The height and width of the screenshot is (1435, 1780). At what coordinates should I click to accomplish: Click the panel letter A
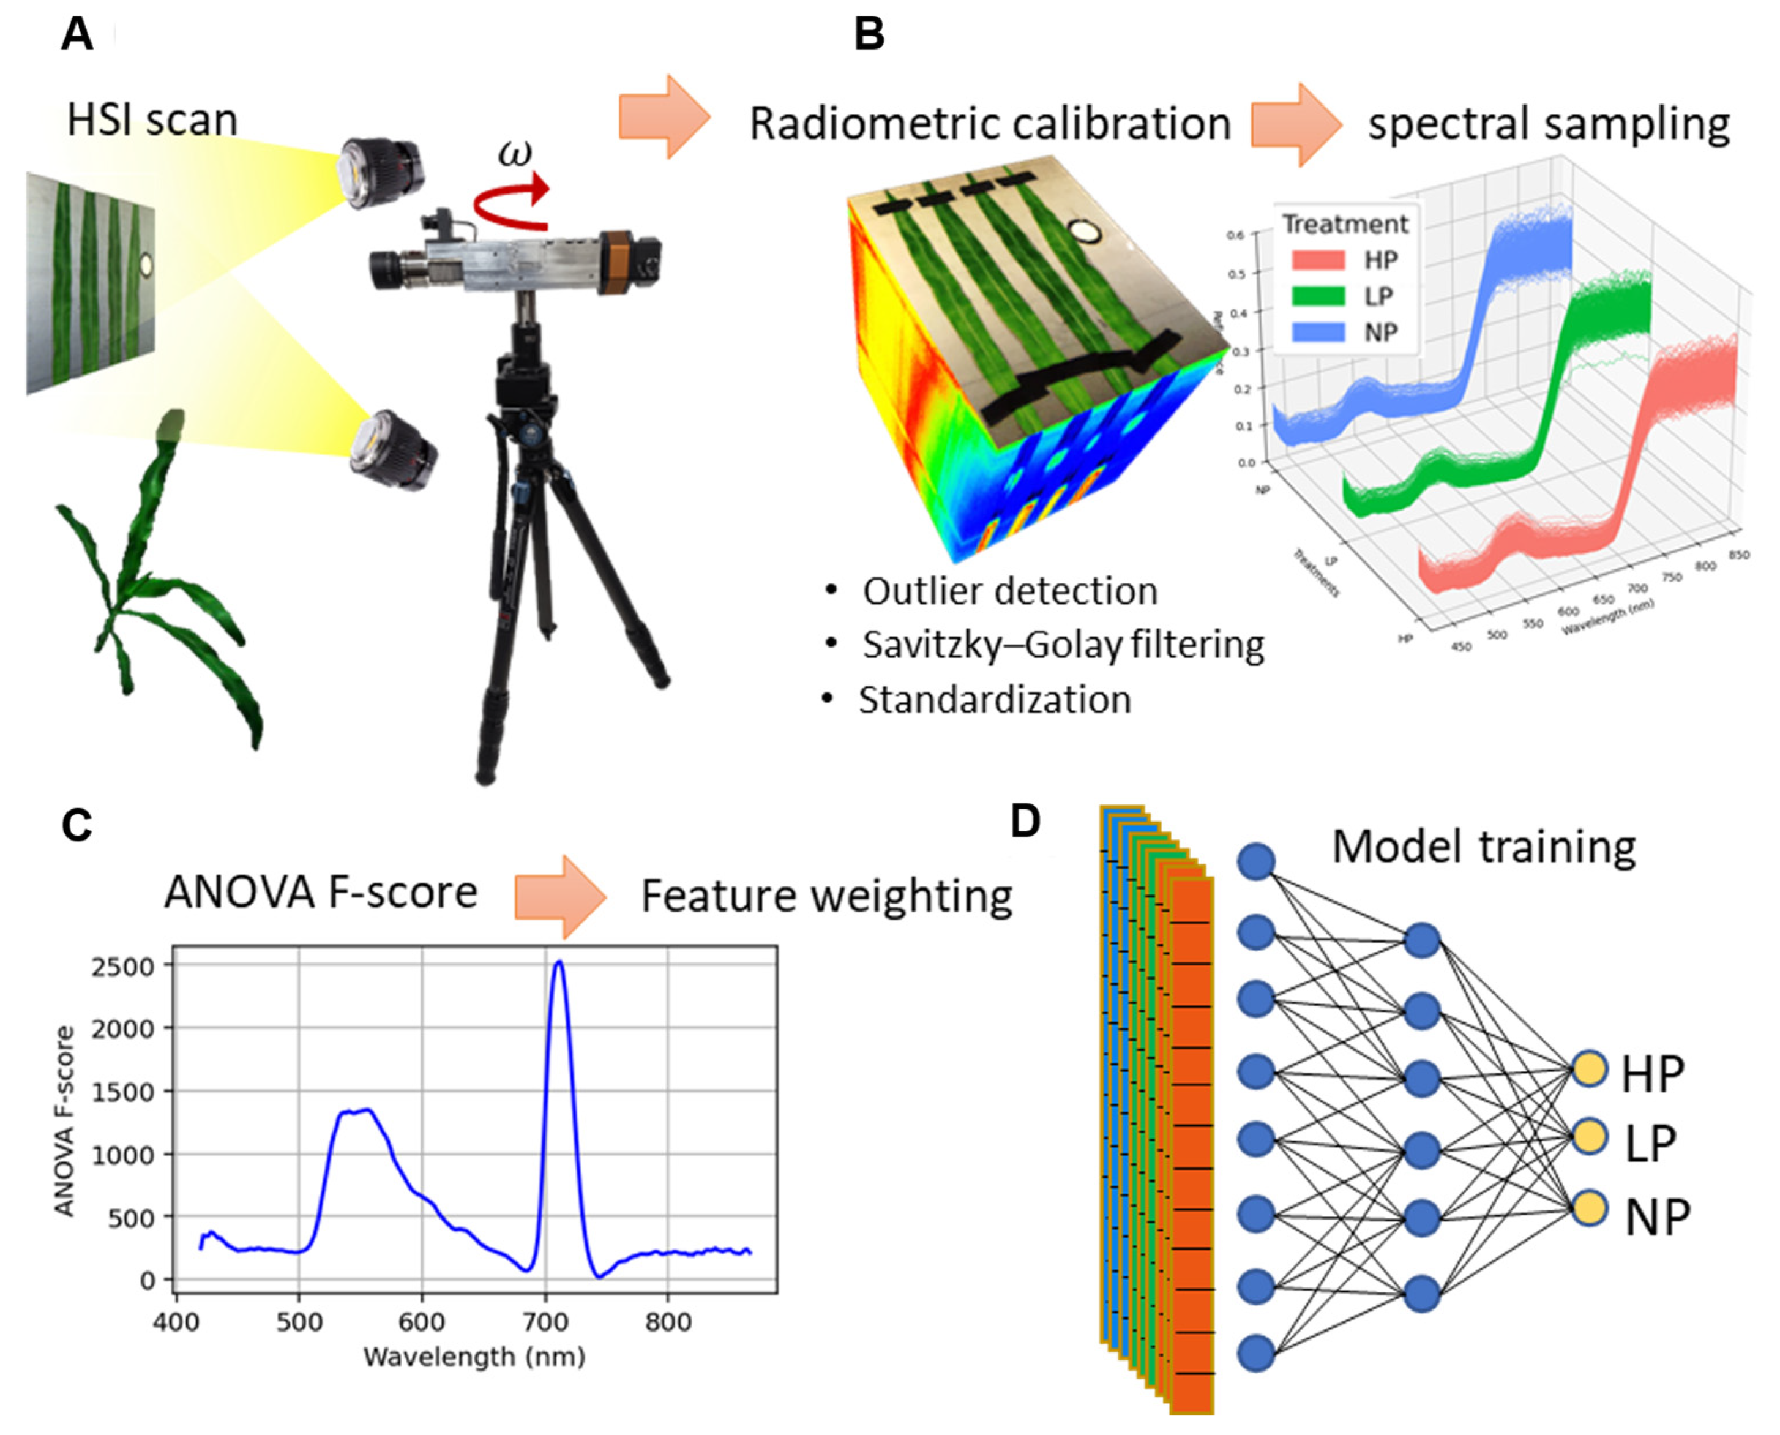click(x=77, y=35)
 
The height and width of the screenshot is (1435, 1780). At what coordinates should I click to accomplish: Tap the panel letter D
click(x=1025, y=822)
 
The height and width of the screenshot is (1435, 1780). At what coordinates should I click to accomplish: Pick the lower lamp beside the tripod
click(x=392, y=451)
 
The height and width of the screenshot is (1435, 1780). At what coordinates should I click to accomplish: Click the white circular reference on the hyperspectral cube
click(x=1083, y=232)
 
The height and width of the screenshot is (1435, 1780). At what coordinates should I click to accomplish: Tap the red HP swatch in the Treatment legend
click(x=1317, y=260)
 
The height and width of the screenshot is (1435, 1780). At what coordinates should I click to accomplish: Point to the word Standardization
click(x=994, y=700)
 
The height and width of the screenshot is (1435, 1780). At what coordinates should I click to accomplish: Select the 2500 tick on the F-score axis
click(x=124, y=966)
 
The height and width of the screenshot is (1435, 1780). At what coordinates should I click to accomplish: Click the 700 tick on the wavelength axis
click(x=545, y=1322)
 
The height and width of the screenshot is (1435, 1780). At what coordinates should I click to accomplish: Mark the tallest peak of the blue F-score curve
click(x=559, y=963)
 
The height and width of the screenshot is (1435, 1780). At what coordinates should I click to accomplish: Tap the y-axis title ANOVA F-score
click(x=64, y=1122)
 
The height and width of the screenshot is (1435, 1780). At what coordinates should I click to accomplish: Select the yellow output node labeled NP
click(x=1588, y=1208)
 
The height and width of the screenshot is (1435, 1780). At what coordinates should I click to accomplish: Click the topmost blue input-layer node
click(x=1256, y=861)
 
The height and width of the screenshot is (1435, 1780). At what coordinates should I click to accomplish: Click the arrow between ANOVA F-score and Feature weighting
click(x=560, y=897)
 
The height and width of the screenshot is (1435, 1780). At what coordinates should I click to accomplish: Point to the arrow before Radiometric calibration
click(x=664, y=116)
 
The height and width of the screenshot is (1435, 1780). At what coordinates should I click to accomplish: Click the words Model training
click(x=1483, y=847)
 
